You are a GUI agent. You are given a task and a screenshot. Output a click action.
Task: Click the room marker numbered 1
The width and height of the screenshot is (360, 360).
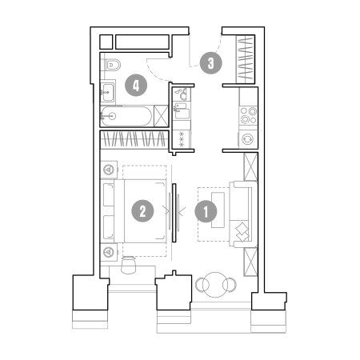pos(206,211)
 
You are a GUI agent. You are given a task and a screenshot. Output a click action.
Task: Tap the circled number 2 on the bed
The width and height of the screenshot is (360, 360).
pos(142,211)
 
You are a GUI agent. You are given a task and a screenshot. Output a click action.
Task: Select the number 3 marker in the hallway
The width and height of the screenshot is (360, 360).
pos(211,63)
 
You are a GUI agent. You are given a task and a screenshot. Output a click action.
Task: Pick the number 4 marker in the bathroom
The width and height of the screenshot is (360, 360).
pos(136,86)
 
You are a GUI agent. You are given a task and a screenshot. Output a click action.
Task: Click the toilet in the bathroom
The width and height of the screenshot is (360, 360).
pos(113,65)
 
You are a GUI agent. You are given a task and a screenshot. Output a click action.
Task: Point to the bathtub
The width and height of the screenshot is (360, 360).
pos(126,116)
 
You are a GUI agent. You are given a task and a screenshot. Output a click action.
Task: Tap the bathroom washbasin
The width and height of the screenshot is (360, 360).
pos(108,92)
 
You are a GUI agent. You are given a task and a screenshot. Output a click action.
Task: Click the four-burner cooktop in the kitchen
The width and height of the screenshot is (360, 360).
pos(248,115)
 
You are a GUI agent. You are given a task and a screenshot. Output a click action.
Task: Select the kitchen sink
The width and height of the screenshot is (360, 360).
pos(182,110)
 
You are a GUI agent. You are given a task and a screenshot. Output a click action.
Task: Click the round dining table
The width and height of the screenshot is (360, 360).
pos(215,285)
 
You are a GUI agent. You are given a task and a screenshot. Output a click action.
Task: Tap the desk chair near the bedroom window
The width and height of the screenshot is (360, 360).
pos(129,265)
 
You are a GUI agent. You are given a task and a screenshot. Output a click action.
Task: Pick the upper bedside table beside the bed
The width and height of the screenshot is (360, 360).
pos(109,170)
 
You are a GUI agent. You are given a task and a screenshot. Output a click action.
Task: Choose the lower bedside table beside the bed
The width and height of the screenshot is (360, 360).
pos(109,252)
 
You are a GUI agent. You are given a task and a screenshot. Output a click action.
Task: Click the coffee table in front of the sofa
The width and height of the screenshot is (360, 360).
pos(218,210)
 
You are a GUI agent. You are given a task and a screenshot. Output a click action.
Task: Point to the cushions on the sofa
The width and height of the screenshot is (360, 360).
pos(242,231)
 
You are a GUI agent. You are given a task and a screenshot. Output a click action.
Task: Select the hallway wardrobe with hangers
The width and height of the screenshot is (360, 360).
pos(246,58)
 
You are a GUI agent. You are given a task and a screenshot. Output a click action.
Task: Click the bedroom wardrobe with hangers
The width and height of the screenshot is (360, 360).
pos(134,139)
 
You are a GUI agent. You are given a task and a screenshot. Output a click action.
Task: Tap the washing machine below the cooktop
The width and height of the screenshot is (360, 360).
pos(248,139)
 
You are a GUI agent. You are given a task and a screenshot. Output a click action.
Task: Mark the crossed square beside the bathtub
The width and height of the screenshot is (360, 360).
pos(162,116)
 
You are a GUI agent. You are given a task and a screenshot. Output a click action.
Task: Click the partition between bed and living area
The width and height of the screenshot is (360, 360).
pos(174,213)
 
